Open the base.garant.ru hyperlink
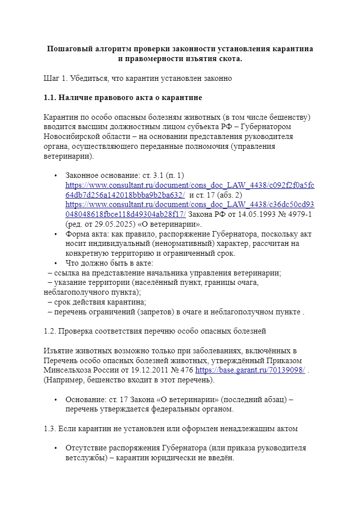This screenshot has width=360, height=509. coord(250,370)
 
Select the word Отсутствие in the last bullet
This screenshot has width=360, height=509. coord(86,448)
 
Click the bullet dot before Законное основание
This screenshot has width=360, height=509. coord(56,175)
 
